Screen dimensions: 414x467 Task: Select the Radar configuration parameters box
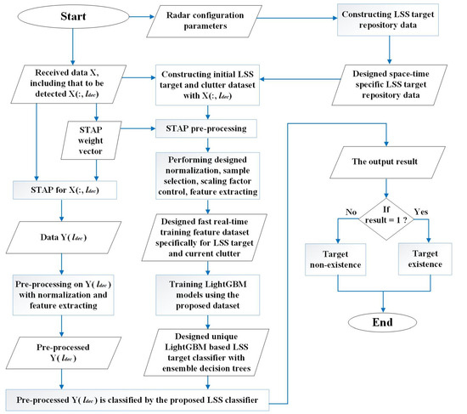216,20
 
